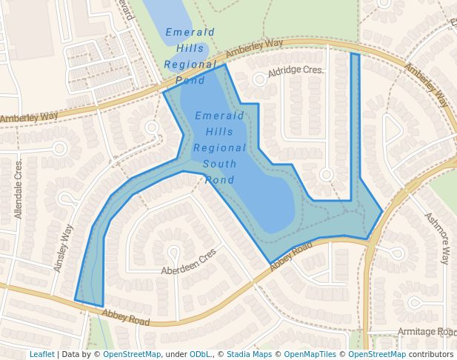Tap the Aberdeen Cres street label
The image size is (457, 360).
pos(189,261)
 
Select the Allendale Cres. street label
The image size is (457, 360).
pos(19,188)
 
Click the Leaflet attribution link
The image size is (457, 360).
pos(41,355)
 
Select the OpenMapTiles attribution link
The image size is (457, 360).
pos(309,355)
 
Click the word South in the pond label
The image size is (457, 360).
pos(221,164)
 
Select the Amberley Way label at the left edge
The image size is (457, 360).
pos(29,118)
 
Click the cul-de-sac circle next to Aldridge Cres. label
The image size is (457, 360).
pos(258,79)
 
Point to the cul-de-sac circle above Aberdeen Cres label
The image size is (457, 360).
pos(174,251)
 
